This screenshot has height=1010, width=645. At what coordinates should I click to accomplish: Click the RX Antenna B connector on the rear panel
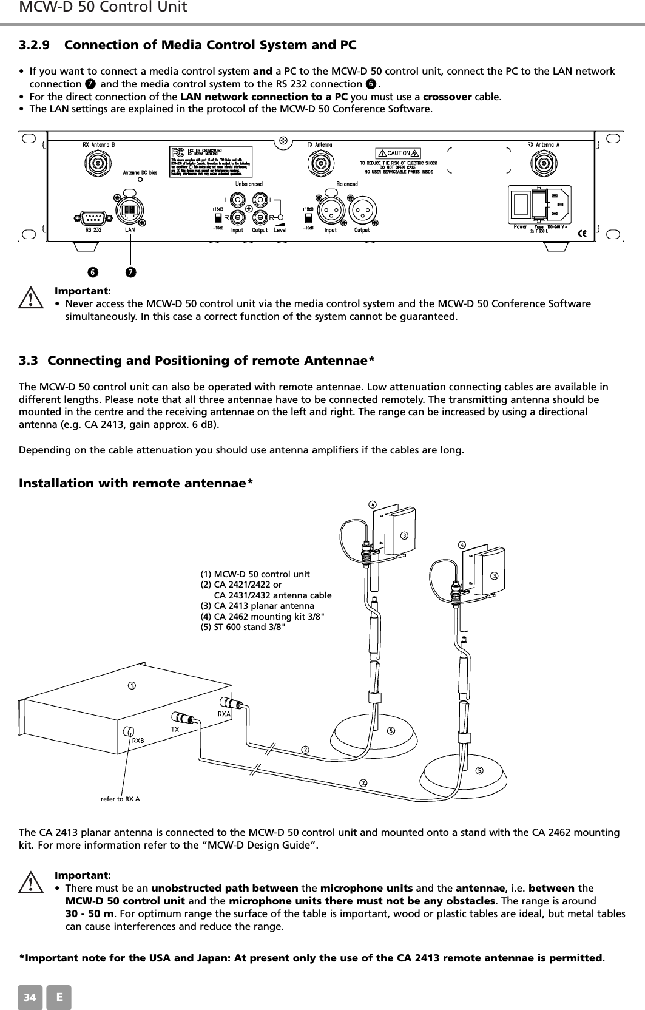coord(96,163)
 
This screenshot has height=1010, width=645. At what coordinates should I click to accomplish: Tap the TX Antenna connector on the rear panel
coord(319,163)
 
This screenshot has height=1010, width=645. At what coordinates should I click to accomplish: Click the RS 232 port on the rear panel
coord(93,217)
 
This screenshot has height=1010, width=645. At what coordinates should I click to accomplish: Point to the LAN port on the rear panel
coord(129,211)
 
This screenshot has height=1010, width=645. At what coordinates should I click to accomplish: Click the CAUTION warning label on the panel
coord(399,153)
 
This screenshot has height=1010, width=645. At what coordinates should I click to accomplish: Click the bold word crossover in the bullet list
coord(448,97)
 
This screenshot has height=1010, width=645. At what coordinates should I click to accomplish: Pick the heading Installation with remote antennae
coord(137,483)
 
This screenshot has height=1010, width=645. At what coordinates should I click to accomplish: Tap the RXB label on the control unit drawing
coord(138,741)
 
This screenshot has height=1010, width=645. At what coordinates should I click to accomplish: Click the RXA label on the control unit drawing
coord(225,714)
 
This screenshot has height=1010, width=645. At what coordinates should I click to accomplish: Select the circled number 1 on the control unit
coord(130,685)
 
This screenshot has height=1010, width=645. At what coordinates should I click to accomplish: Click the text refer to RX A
coord(120,798)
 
